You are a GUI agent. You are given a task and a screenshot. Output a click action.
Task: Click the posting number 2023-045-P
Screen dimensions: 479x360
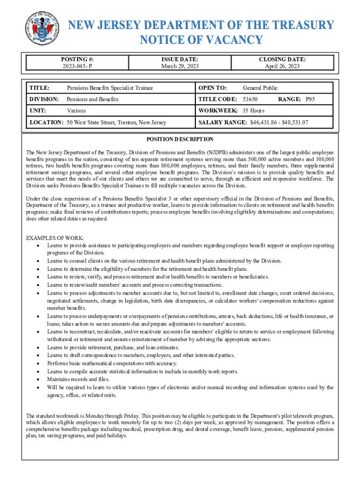[77, 66]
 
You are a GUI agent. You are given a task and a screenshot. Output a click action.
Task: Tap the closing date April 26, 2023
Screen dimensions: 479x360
[282, 66]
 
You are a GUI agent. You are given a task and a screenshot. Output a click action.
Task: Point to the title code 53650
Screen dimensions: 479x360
[250, 99]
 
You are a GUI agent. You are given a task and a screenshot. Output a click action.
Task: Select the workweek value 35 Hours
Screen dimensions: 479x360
[253, 111]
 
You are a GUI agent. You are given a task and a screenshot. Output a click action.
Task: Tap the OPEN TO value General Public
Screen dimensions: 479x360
[260, 87]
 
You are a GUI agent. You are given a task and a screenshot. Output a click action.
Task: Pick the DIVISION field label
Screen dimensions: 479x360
[44, 99]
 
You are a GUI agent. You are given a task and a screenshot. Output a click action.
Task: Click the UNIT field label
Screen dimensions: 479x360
[38, 111]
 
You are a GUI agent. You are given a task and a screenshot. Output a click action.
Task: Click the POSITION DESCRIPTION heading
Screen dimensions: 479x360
[180, 139]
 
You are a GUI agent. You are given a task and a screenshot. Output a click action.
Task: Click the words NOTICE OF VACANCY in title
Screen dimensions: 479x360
[202, 40]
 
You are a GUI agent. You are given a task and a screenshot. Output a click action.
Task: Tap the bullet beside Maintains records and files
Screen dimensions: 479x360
[37, 379]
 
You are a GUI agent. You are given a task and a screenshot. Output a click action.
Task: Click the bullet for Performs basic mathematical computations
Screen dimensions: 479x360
[37, 363]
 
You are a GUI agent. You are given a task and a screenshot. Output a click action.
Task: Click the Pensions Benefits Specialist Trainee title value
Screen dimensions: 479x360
[110, 87]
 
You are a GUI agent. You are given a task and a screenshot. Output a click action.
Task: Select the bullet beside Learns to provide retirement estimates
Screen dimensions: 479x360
[37, 348]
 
